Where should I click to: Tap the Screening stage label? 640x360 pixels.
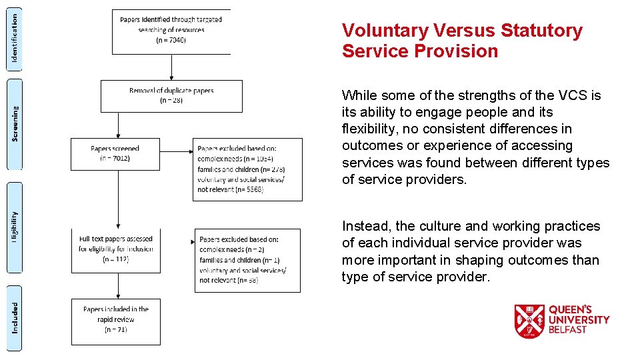(x=15, y=124)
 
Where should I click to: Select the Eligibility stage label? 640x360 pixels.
(x=15, y=227)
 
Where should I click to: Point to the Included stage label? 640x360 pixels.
(x=15, y=318)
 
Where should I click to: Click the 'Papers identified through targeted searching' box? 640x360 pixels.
(x=171, y=31)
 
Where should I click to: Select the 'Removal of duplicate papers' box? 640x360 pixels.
(x=171, y=96)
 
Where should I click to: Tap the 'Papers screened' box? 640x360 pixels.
(x=115, y=154)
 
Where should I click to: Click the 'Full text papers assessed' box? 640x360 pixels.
(x=116, y=250)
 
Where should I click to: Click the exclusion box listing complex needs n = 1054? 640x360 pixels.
(x=247, y=169)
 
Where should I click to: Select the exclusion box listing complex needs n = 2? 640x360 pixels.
(x=247, y=260)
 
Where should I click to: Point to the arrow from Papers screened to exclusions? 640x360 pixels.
(x=177, y=151)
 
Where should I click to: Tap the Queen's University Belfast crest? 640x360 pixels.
(x=529, y=321)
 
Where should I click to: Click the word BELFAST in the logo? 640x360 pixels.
(x=568, y=329)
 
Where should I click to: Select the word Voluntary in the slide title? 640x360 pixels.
(x=385, y=31)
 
